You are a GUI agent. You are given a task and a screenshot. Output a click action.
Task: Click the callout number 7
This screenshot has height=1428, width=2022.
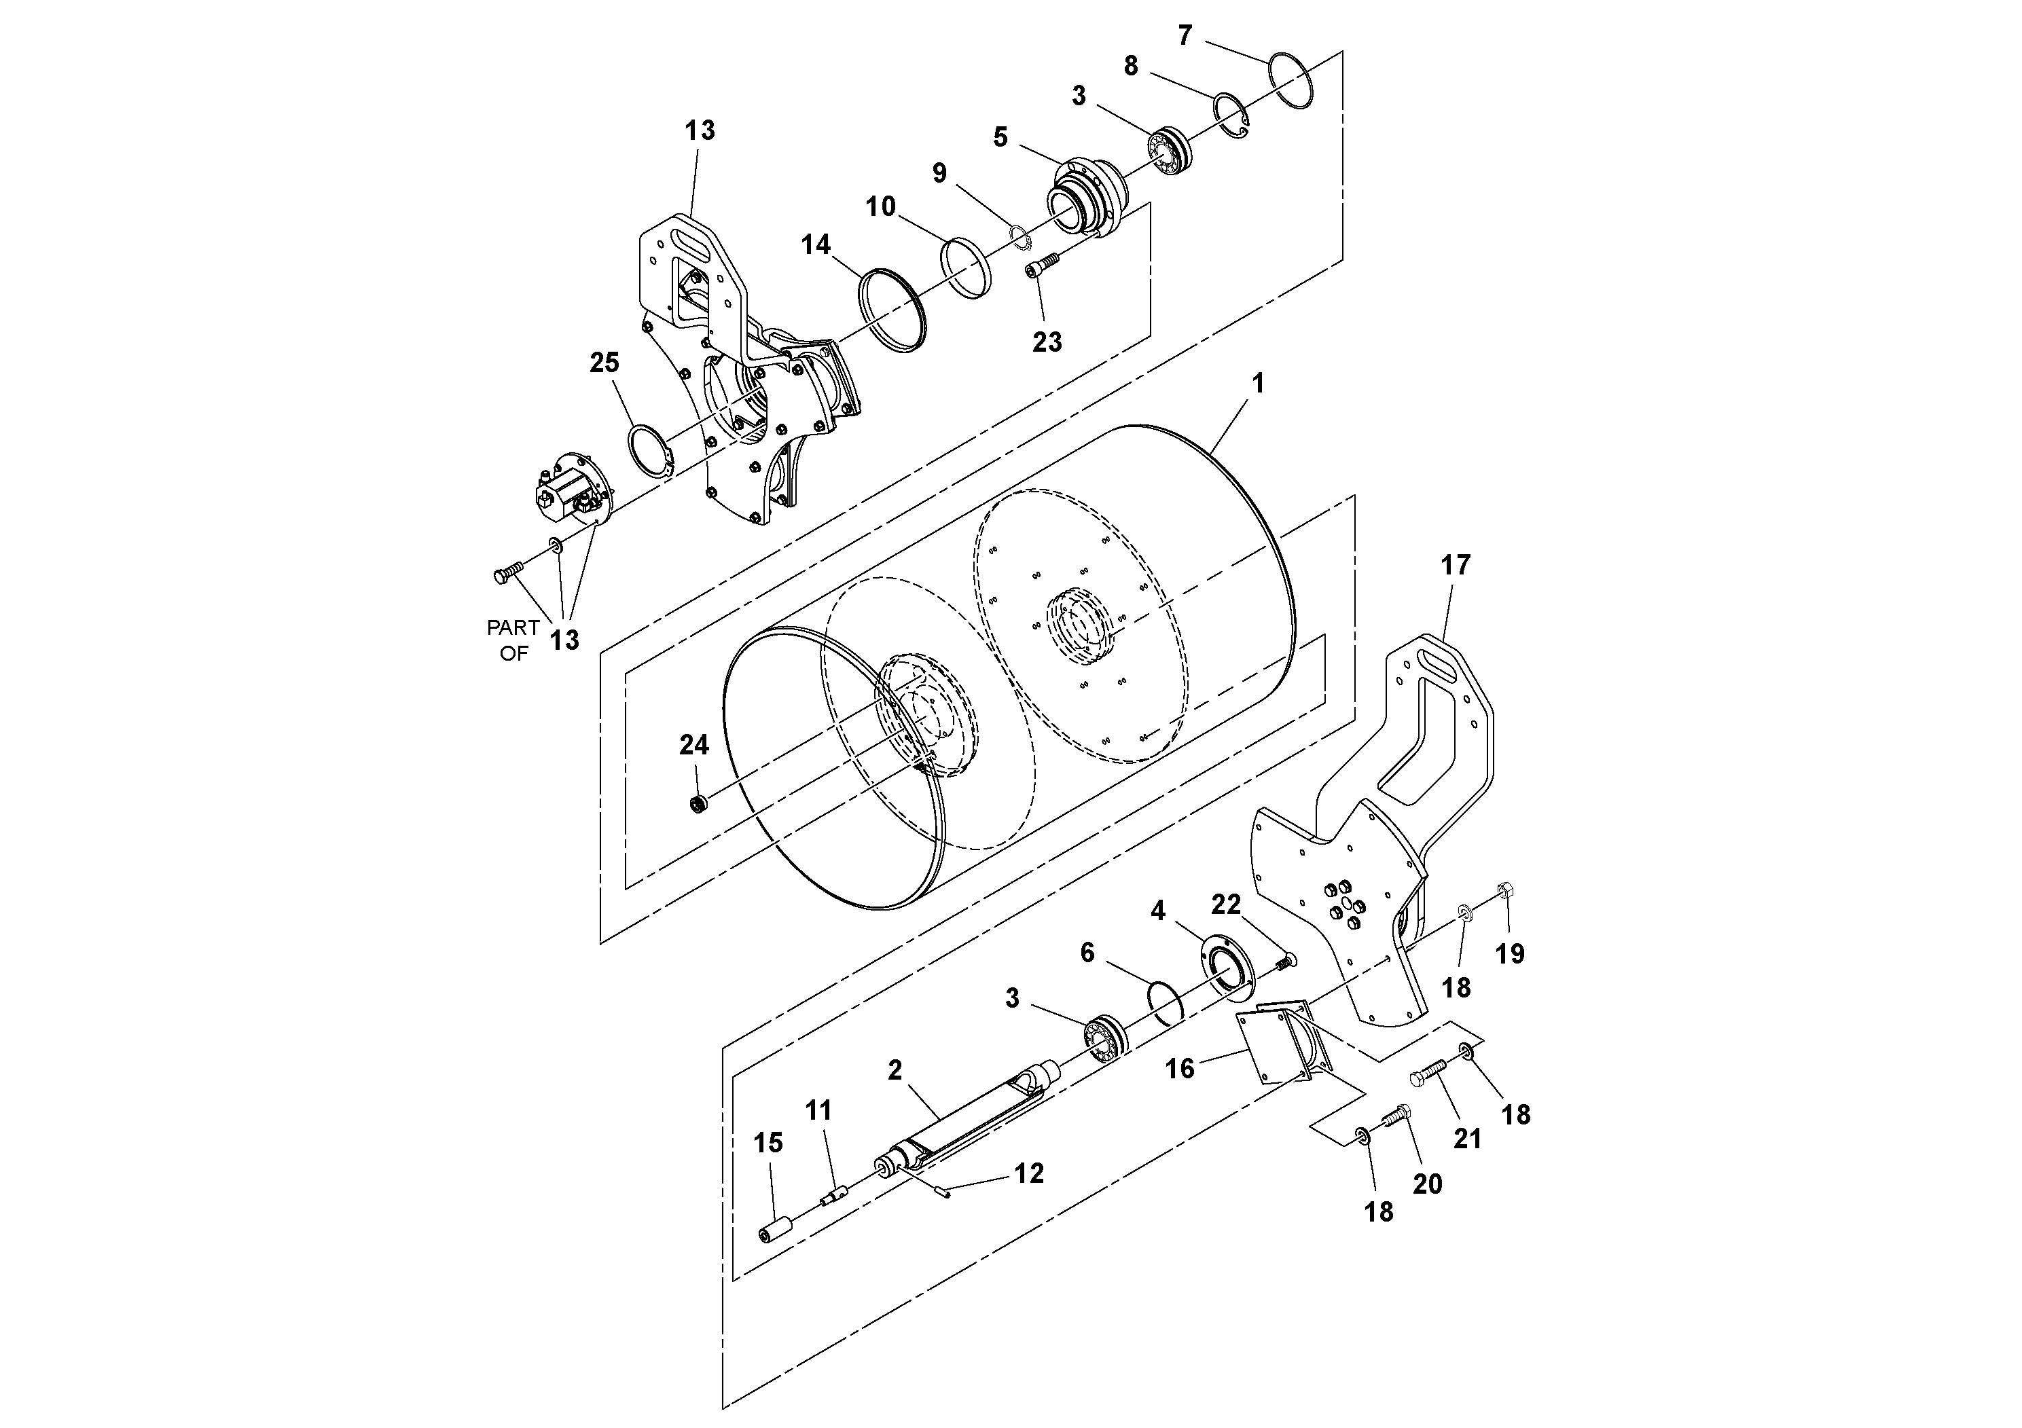pyautogui.click(x=1185, y=35)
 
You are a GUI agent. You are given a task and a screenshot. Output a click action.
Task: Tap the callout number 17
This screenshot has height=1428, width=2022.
pyautogui.click(x=1455, y=564)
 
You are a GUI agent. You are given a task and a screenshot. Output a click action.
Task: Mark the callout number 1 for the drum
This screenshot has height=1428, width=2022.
pyautogui.click(x=1258, y=383)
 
